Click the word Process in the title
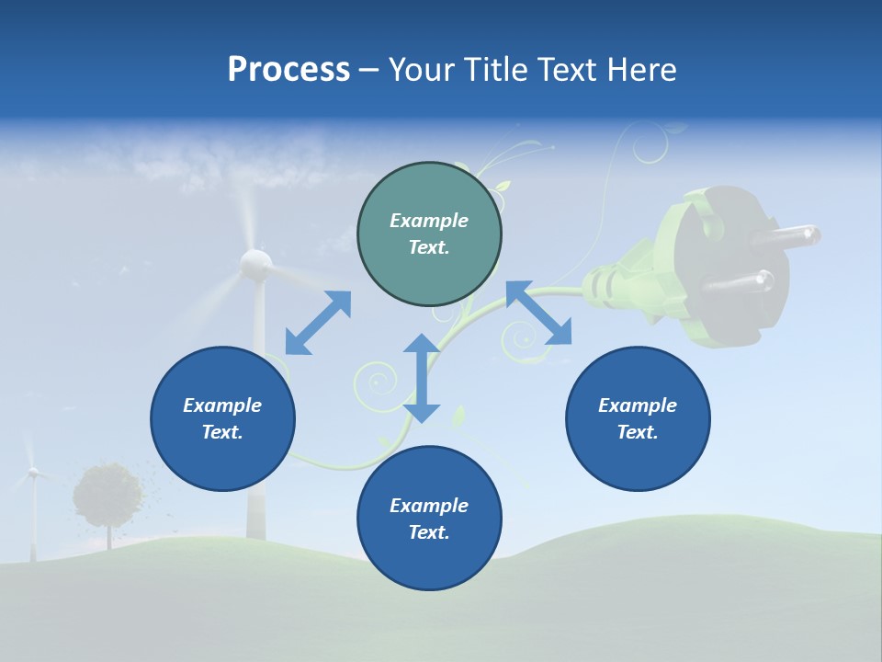[x=288, y=70]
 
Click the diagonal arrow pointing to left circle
[x=318, y=323]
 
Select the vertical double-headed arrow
[x=422, y=378]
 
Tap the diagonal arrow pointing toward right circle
[x=538, y=313]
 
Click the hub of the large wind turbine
[x=255, y=265]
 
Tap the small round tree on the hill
[x=108, y=495]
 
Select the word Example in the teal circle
[x=429, y=221]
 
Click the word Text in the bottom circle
[x=429, y=532]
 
